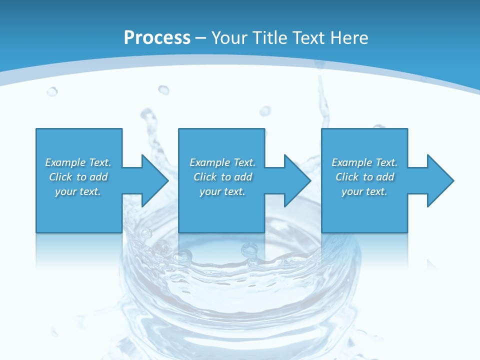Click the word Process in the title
tap(157, 38)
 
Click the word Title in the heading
tap(269, 38)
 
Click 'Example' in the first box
tap(65, 162)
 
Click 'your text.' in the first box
tap(78, 191)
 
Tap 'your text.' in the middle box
tap(222, 191)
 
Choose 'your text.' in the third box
tap(364, 191)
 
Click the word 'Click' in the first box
tap(60, 177)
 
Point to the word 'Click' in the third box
tap(347, 177)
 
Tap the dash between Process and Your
tap(201, 38)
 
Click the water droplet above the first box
tap(52, 91)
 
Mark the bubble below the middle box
tap(248, 248)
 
